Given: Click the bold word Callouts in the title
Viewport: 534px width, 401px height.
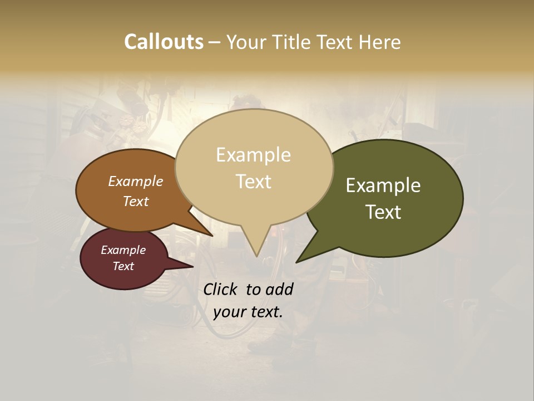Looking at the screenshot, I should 164,42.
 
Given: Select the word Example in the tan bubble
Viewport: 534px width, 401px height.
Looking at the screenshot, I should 253,155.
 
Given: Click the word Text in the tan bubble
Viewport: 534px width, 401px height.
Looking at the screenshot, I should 254,182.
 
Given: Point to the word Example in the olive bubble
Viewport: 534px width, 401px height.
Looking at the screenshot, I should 383,185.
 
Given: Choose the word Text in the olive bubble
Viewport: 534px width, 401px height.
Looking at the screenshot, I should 384,212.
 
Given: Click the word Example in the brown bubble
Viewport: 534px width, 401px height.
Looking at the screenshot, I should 136,182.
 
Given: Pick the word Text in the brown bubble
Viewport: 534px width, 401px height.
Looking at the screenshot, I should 136,201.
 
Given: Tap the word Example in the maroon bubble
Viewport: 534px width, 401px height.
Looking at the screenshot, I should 123,250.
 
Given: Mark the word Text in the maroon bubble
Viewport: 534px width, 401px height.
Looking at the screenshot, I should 123,266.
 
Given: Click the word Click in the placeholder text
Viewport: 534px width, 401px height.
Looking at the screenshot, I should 221,289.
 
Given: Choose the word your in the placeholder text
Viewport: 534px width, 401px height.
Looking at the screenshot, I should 229,312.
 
